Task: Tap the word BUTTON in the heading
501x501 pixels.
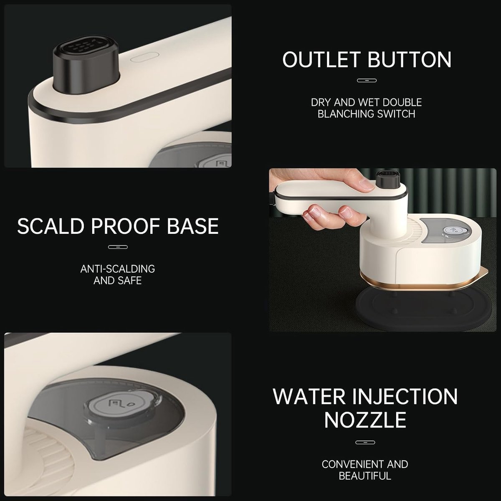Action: point(410,59)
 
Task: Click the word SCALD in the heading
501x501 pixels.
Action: point(51,226)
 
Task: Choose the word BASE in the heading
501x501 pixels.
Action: point(192,226)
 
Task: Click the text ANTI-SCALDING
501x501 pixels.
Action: point(117,269)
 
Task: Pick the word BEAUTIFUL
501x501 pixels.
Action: point(365,476)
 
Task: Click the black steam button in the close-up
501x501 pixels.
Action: point(86,64)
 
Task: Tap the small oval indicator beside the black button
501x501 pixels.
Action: point(144,57)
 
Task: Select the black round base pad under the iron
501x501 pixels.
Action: point(424,309)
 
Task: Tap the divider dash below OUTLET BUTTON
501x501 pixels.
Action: point(367,80)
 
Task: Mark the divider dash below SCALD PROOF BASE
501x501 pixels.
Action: point(118,247)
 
